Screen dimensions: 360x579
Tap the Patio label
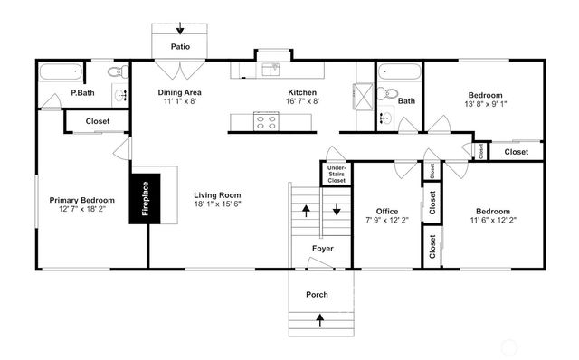click(x=181, y=45)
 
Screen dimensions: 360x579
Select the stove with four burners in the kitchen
click(x=267, y=121)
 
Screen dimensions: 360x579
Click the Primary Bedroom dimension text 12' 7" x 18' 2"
click(x=81, y=210)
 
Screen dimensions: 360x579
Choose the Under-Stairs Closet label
click(x=336, y=174)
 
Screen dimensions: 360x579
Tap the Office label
click(x=386, y=211)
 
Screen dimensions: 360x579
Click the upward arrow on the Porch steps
click(x=319, y=318)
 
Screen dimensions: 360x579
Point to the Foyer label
click(x=323, y=248)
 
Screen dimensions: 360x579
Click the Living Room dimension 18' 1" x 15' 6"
click(x=216, y=204)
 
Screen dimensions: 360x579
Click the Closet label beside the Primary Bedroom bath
click(x=99, y=121)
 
